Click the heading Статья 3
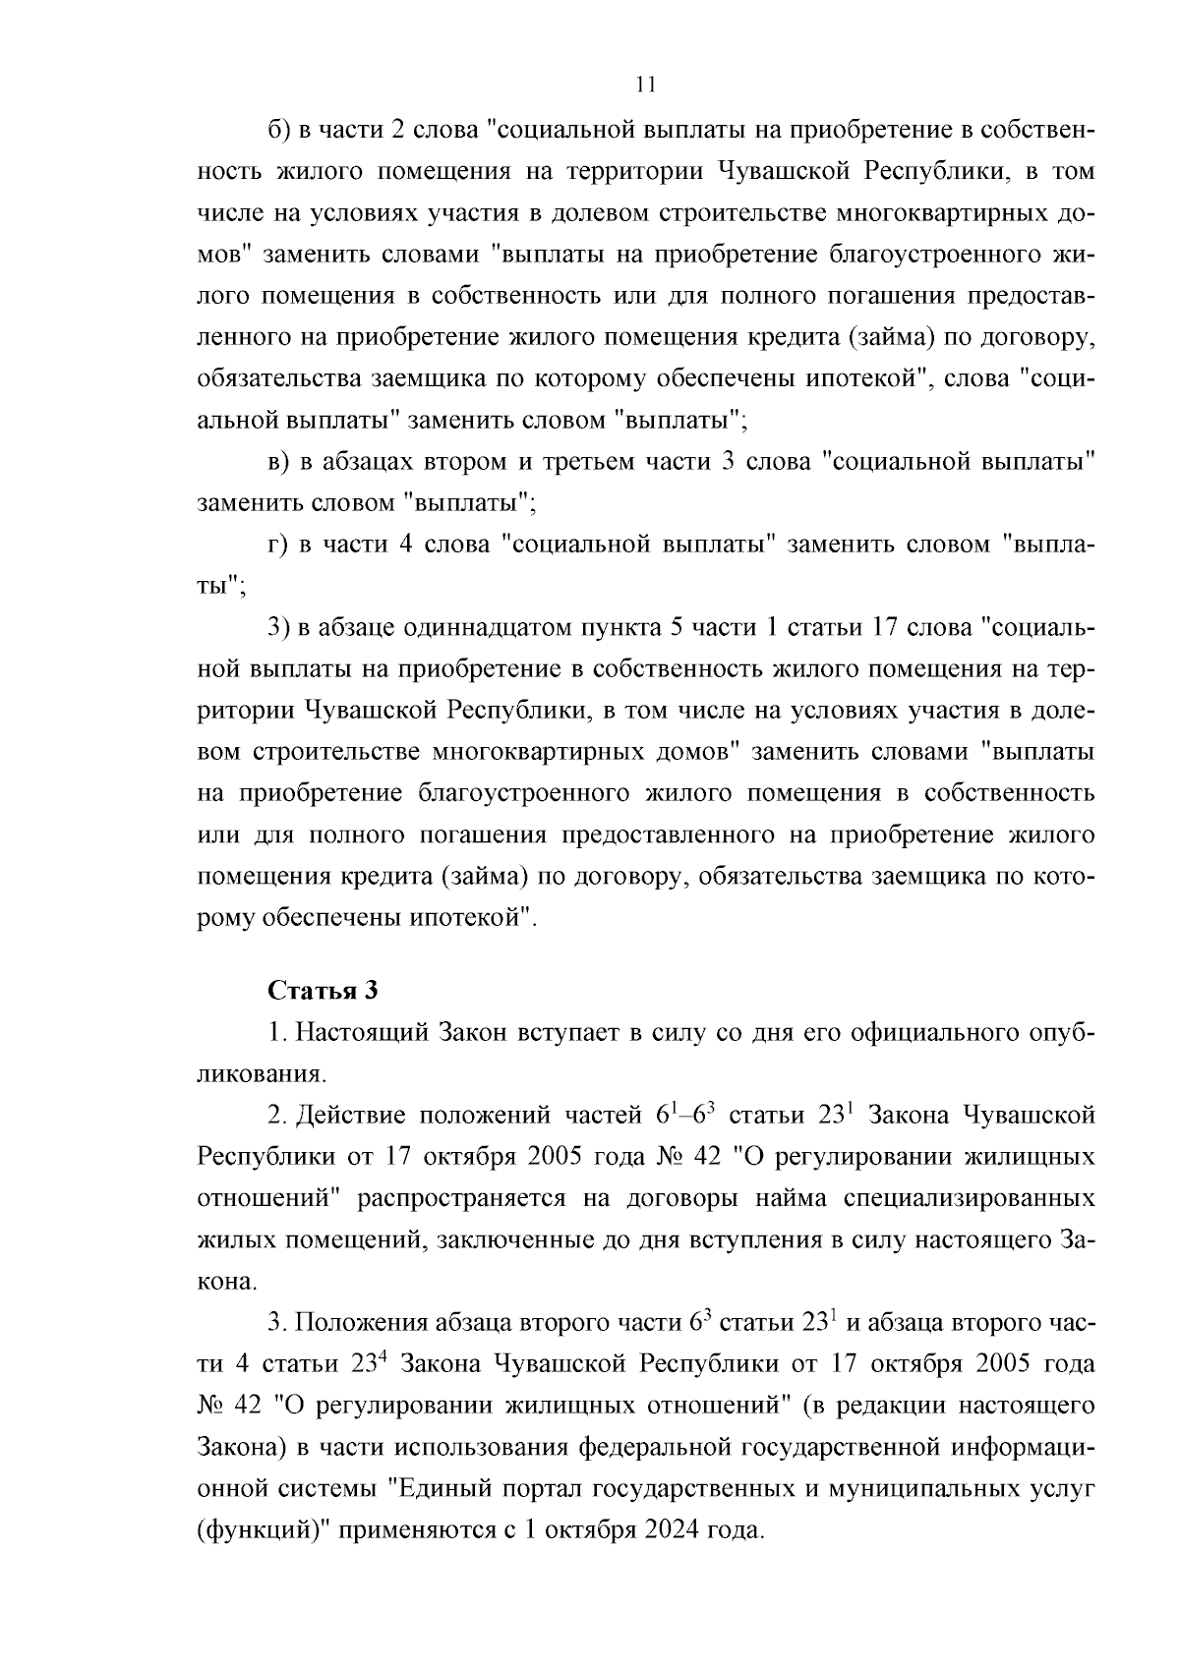pyautogui.click(x=323, y=990)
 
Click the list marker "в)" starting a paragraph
pyautogui.click(x=279, y=462)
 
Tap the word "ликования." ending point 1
pyautogui.click(x=261, y=1074)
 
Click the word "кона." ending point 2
pyautogui.click(x=228, y=1282)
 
